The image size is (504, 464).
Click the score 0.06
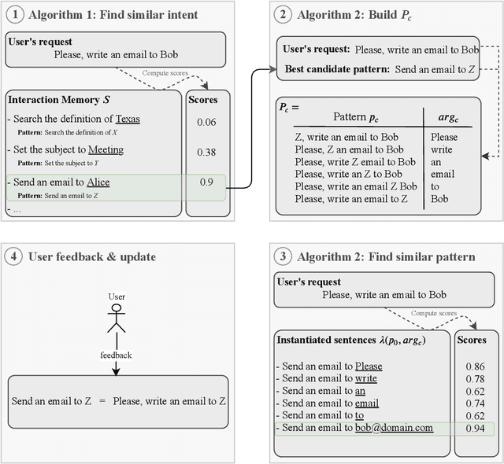206,122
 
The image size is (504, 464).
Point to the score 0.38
206,152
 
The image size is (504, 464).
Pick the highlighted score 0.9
206,182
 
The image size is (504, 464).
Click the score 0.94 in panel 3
474,429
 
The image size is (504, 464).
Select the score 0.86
474,366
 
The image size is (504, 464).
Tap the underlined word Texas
127,120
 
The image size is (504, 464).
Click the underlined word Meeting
106,149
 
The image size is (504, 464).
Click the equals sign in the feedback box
101,400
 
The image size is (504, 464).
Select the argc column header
447,117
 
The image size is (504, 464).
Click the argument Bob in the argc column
439,199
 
